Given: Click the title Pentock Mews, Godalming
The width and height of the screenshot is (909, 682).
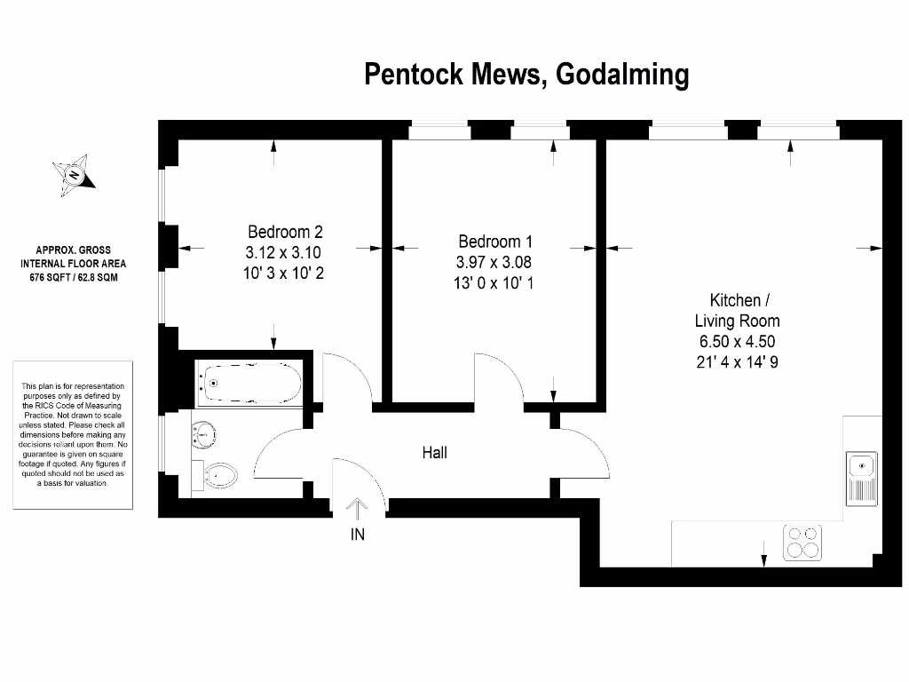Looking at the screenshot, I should [x=526, y=75].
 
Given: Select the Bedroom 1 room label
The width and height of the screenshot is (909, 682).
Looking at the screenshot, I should [x=495, y=242].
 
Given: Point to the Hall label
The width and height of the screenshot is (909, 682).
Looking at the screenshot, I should [x=434, y=453].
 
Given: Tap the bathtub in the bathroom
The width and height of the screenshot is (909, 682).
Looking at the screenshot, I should [x=249, y=384].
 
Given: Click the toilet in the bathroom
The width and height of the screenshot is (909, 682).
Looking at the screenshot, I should [x=221, y=476].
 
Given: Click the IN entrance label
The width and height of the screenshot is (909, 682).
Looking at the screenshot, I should [x=358, y=535].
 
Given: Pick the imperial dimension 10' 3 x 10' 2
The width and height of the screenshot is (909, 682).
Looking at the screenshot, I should [x=284, y=273].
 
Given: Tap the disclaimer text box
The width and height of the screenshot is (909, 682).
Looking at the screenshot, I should [x=73, y=434].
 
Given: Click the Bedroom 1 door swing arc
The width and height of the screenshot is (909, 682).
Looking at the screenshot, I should [x=497, y=377].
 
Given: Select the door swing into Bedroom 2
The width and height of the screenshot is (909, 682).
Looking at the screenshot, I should [x=346, y=377].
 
